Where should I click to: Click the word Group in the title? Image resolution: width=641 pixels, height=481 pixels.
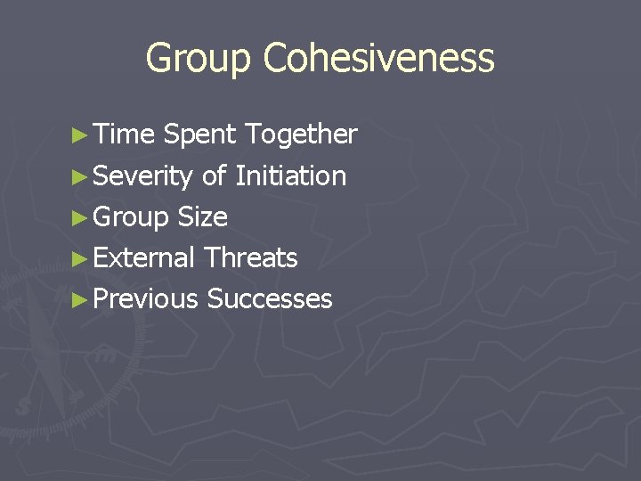click(x=199, y=59)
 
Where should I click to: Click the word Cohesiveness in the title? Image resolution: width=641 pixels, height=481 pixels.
click(x=378, y=59)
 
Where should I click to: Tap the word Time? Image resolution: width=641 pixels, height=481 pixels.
click(x=124, y=135)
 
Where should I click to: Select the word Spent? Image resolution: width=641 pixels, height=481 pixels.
click(x=200, y=135)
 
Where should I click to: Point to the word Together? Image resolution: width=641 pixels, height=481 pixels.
click(x=301, y=135)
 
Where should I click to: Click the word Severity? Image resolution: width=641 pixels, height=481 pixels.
click(x=142, y=176)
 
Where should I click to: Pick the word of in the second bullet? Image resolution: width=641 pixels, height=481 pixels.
click(x=214, y=176)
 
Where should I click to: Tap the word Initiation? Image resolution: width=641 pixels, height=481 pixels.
click(x=290, y=176)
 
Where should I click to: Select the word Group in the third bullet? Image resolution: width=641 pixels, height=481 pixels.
click(x=131, y=217)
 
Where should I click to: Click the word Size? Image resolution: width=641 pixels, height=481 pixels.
click(x=203, y=217)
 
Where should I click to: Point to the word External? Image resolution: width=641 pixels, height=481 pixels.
click(x=143, y=258)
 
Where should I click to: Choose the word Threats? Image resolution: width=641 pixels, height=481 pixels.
click(x=250, y=258)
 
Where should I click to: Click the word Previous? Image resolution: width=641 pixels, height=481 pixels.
click(x=145, y=299)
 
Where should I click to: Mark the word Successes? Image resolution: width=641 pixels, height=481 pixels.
click(x=270, y=299)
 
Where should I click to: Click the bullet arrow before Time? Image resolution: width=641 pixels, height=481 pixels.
click(x=80, y=135)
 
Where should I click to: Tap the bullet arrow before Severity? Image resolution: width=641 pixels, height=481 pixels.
click(x=80, y=176)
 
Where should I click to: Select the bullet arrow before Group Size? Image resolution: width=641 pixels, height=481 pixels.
click(x=80, y=217)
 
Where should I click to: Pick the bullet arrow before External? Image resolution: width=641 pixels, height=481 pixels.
click(x=80, y=258)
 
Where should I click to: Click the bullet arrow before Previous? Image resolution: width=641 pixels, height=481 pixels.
click(x=80, y=299)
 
